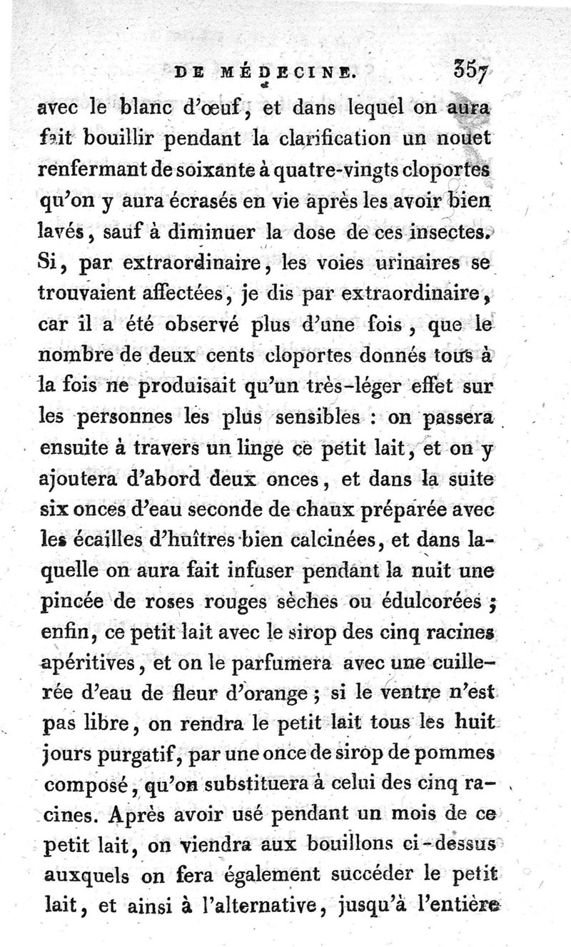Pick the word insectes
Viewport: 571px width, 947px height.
click(x=446, y=231)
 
